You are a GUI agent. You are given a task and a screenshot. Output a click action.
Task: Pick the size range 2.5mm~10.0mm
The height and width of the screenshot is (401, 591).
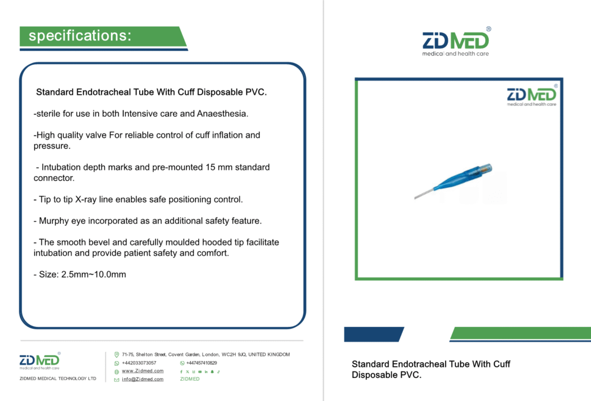(x=93, y=274)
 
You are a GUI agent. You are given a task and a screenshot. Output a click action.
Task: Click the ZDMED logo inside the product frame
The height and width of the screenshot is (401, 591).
(x=532, y=95)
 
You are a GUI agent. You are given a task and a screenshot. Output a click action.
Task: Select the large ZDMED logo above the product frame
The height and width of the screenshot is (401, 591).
(x=456, y=42)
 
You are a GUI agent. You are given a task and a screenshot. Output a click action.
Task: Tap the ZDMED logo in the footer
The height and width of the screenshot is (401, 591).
(x=40, y=361)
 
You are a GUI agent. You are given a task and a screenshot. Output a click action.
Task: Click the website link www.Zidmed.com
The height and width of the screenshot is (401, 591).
(x=143, y=371)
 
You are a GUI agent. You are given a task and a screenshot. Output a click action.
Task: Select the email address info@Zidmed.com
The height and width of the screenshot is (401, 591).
(x=143, y=380)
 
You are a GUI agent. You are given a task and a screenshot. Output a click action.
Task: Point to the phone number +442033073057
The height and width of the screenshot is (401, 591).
(x=139, y=363)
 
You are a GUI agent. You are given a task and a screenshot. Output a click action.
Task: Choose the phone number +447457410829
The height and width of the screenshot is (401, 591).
(x=201, y=363)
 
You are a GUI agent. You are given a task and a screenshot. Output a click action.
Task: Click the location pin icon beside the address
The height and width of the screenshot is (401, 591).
(x=117, y=355)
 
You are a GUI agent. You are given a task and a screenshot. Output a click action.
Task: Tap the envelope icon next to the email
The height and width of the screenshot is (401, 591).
(x=117, y=380)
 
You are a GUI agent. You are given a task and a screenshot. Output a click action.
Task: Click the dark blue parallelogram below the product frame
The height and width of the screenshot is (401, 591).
(x=374, y=335)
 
